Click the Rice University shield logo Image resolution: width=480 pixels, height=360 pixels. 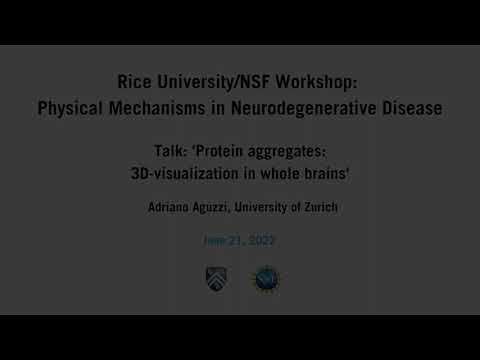[x=216, y=278]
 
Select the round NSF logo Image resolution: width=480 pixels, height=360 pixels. [x=265, y=278]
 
